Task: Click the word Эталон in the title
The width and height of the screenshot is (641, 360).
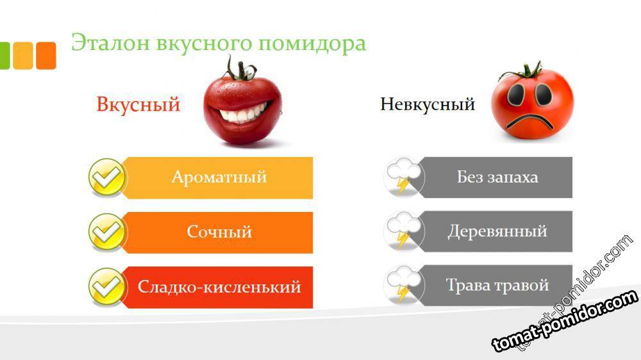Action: click(111, 42)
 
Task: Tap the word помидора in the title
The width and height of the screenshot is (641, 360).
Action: click(312, 44)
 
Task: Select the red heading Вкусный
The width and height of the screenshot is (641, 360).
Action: click(138, 104)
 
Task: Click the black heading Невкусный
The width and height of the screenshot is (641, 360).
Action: click(428, 104)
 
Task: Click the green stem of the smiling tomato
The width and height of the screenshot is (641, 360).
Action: click(240, 69)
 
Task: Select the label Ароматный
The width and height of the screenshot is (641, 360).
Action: click(219, 177)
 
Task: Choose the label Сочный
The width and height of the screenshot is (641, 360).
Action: click(219, 232)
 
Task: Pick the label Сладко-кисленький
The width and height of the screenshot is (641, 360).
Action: click(219, 287)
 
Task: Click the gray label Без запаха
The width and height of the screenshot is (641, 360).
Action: click(497, 177)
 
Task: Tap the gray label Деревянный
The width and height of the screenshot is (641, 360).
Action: click(497, 231)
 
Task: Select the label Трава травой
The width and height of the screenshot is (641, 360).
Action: click(497, 285)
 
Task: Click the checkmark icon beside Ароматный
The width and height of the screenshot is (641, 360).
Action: click(107, 177)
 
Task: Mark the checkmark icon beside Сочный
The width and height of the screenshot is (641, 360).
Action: click(107, 232)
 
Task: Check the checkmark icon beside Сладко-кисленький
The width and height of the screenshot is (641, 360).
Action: click(107, 287)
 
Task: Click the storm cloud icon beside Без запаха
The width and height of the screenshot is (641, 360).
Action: click(404, 177)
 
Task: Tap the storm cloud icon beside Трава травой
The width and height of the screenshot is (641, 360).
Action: click(404, 285)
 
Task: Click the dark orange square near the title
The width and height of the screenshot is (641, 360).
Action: click(46, 56)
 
